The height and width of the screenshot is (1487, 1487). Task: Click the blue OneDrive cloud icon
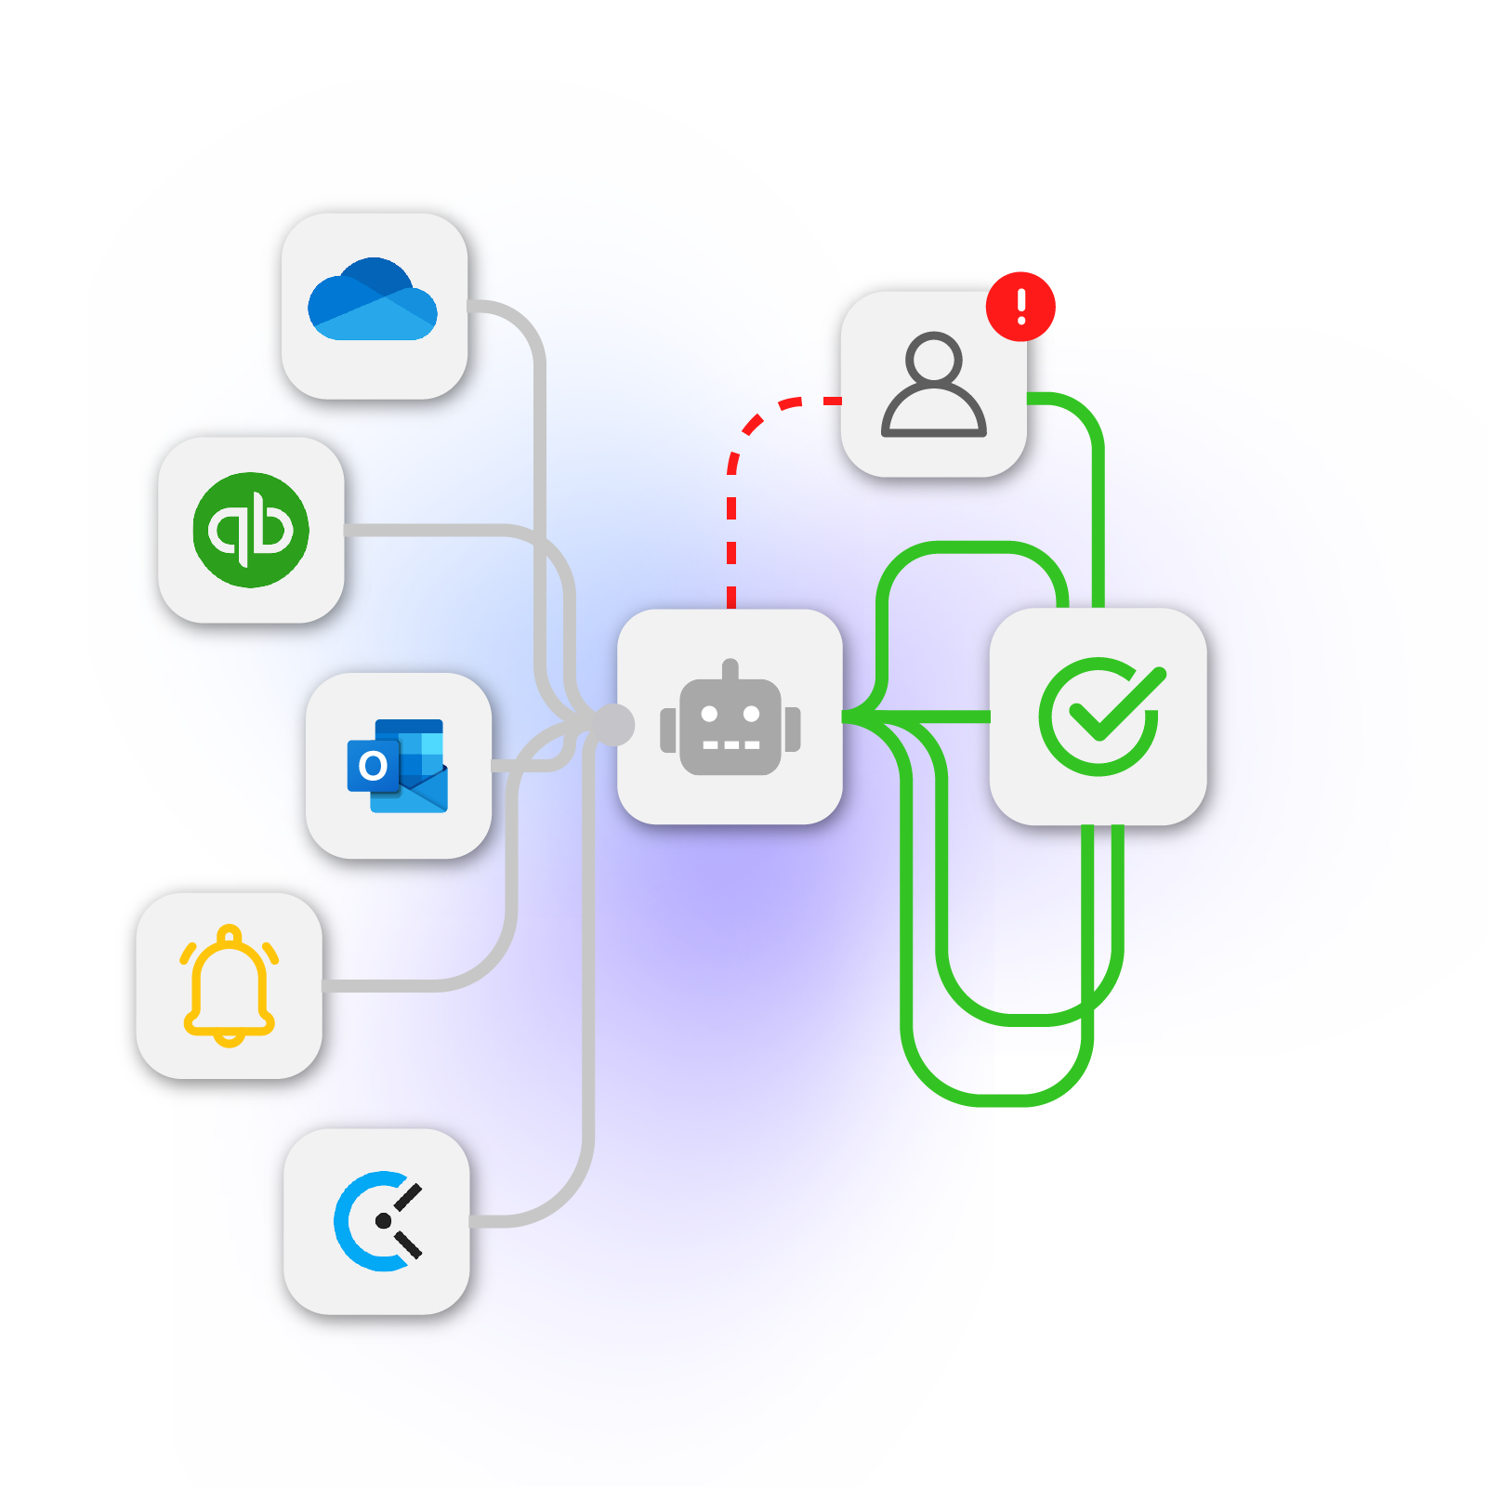373,300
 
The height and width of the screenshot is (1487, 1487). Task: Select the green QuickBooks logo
251,530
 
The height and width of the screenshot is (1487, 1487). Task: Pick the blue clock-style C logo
376,1220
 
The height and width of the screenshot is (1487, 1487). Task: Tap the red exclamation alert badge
1020,306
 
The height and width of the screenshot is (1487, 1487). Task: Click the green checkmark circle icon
1100,716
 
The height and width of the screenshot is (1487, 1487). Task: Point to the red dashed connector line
731,520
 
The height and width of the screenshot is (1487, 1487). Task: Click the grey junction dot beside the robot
612,724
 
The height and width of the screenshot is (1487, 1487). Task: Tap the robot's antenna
730,669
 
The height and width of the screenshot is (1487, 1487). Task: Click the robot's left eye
709,714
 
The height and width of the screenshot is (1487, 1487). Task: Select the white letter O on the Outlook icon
373,766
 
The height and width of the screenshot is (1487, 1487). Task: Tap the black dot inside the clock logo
383,1220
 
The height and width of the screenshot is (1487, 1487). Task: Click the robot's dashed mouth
730,745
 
